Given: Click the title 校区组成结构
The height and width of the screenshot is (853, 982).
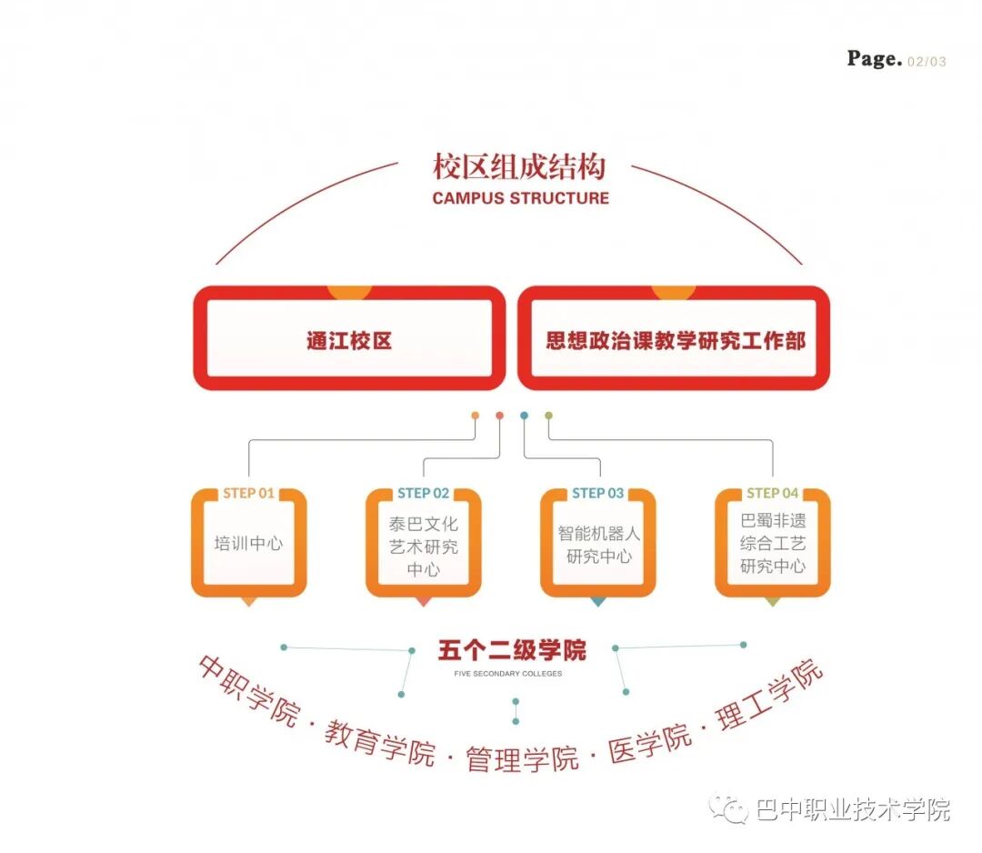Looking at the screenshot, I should (x=519, y=167).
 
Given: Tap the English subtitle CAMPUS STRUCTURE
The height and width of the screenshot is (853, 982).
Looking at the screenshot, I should (x=520, y=197).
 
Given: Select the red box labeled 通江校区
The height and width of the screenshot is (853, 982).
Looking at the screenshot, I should (x=349, y=341).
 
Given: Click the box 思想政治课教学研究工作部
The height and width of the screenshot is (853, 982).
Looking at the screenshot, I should (x=674, y=341).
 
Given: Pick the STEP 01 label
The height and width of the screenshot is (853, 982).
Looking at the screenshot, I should (x=248, y=493).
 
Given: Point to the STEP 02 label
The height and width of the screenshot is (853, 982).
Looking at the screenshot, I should (x=423, y=493).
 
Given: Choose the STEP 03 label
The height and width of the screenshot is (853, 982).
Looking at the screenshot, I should (x=597, y=493).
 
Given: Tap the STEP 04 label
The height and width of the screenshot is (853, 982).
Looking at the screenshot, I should (x=772, y=493).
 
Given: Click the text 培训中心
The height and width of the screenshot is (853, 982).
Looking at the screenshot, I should (x=248, y=544).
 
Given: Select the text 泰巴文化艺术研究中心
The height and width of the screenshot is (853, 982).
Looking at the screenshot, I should (x=423, y=547).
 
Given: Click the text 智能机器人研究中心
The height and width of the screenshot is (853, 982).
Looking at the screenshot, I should (x=598, y=544).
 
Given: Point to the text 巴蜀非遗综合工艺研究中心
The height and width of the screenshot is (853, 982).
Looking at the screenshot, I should (x=772, y=543).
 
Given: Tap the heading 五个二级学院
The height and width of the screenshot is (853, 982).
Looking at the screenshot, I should (x=512, y=650).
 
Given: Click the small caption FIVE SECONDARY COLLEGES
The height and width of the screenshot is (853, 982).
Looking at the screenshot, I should (x=508, y=674).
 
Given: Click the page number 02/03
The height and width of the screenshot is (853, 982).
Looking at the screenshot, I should (x=927, y=62).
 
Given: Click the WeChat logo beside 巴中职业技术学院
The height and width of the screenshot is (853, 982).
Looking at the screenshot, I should (x=728, y=808).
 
